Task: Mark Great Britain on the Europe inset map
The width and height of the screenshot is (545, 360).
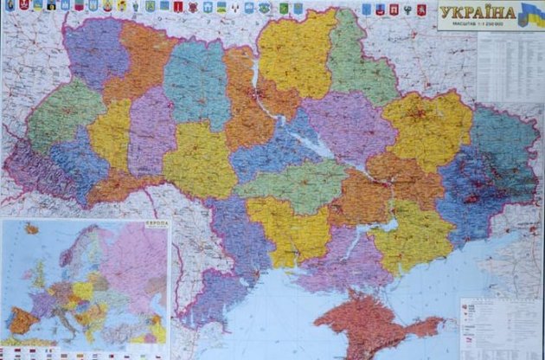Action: pos(38,275)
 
